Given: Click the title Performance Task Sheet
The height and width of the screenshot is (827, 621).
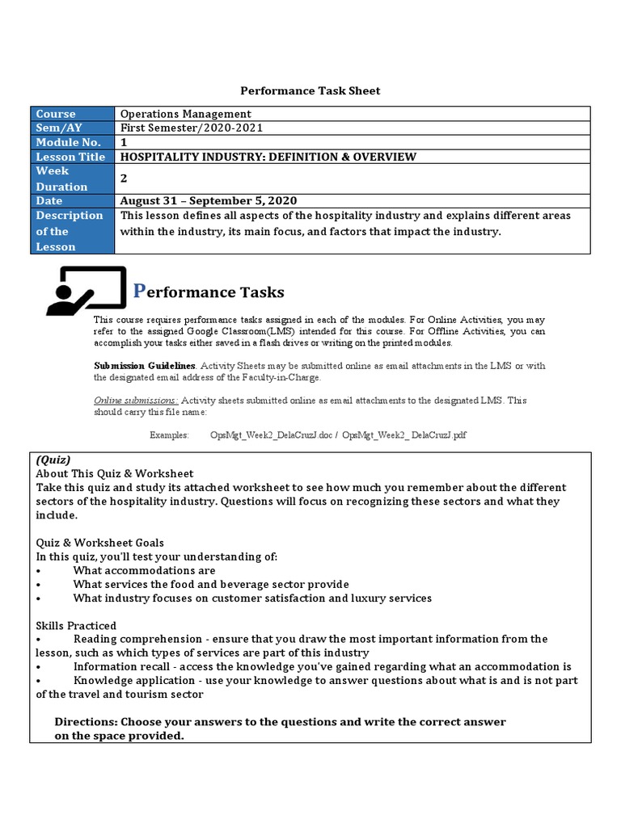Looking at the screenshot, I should pyautogui.click(x=310, y=90).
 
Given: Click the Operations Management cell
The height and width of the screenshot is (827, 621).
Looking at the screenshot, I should pyautogui.click(x=185, y=114).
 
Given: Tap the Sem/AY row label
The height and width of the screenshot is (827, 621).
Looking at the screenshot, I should pyautogui.click(x=56, y=128).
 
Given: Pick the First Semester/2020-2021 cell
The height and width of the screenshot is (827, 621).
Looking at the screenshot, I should pyautogui.click(x=192, y=128).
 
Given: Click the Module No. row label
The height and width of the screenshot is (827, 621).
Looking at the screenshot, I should pyautogui.click(x=68, y=142).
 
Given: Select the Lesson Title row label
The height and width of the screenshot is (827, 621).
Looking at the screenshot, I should pyautogui.click(x=70, y=157).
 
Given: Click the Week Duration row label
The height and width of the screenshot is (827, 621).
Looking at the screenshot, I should pyautogui.click(x=61, y=178).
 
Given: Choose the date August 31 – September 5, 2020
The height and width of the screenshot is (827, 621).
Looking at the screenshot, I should pyautogui.click(x=209, y=200).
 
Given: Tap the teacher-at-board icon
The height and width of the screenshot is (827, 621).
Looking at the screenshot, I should pyautogui.click(x=87, y=291).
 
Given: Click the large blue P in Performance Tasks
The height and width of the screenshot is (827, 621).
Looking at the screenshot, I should pyautogui.click(x=137, y=290).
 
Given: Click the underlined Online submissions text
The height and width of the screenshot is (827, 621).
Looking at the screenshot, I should pyautogui.click(x=136, y=401).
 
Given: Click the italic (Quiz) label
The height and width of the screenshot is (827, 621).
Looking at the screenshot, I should pyautogui.click(x=53, y=460).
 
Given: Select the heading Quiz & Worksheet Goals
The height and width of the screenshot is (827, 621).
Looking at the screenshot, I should pyautogui.click(x=99, y=543).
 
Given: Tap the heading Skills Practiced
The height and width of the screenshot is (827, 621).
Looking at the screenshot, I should pyautogui.click(x=76, y=625).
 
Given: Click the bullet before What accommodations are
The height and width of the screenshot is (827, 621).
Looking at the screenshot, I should pyautogui.click(x=39, y=570).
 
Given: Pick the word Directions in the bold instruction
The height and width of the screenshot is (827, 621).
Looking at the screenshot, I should pyautogui.click(x=84, y=721).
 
